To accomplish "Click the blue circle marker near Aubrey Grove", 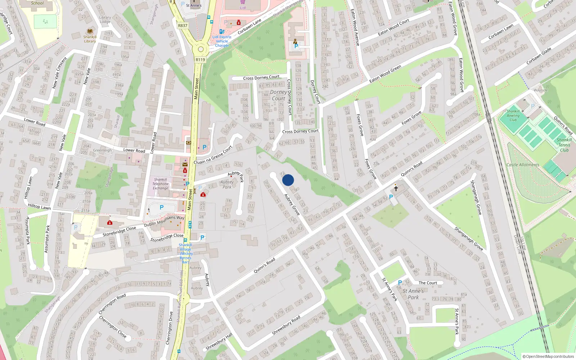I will tap(288, 180).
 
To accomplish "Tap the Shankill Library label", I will tap(90, 39).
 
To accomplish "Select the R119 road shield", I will tap(200, 60).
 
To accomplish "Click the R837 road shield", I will tap(183, 26).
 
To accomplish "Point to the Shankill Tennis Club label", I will tap(564, 145).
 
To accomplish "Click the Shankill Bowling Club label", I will tap(513, 115).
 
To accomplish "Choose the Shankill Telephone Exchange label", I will tap(160, 184).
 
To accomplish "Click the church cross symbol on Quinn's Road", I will tap(396, 188).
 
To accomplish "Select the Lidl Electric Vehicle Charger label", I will tap(222, 41).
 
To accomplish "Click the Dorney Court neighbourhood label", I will tap(278, 95).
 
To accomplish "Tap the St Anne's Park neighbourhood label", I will tap(413, 294).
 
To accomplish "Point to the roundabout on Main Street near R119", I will tap(201, 49).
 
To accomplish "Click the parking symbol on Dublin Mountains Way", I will tap(162, 207).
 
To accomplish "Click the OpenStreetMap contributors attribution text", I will tap(548, 356).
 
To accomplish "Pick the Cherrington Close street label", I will tap(113, 327).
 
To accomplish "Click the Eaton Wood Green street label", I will tap(385, 74).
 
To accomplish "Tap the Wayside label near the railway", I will tap(540, 90).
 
